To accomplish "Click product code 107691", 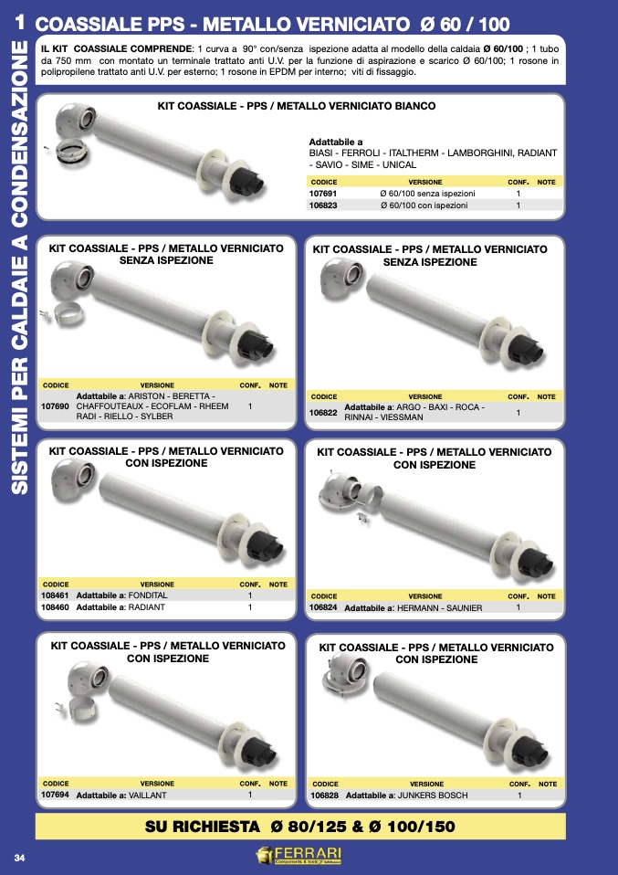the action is click(x=323, y=194).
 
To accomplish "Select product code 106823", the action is click(x=323, y=206).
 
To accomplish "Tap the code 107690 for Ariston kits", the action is click(x=55, y=406).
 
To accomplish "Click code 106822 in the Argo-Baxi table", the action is click(x=323, y=413).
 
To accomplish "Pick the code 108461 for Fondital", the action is click(x=55, y=596).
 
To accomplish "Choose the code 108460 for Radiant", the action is click(x=55, y=607).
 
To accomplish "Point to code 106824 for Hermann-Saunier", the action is click(x=323, y=607).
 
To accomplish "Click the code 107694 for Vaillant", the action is click(x=55, y=795).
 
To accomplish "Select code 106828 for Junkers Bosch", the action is click(x=325, y=796).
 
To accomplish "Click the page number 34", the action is click(x=19, y=858).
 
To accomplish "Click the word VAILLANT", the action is click(x=147, y=796).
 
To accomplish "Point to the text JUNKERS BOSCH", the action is click(x=433, y=796).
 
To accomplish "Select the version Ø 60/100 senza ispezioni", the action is click(x=428, y=194).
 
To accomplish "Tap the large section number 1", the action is click(x=20, y=22).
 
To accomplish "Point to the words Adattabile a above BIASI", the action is click(x=336, y=142).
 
